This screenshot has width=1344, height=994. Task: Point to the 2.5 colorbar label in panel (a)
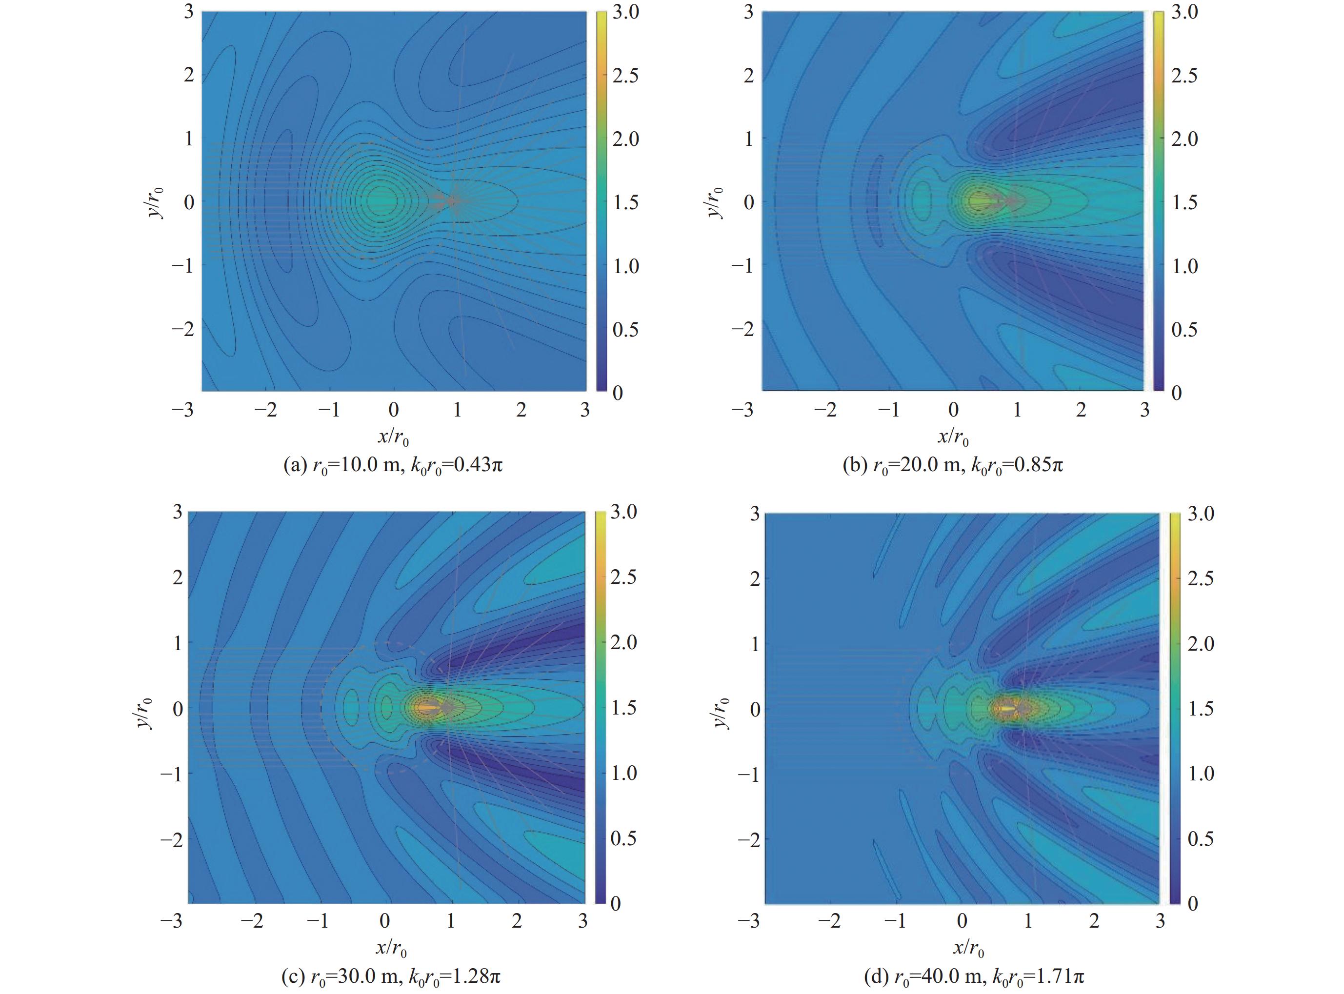625,76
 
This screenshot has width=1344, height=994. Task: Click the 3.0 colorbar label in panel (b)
1184,12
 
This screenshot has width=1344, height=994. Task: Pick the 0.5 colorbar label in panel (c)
623,838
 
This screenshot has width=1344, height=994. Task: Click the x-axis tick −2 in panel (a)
265,410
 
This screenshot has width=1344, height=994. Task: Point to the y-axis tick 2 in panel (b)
748,75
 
